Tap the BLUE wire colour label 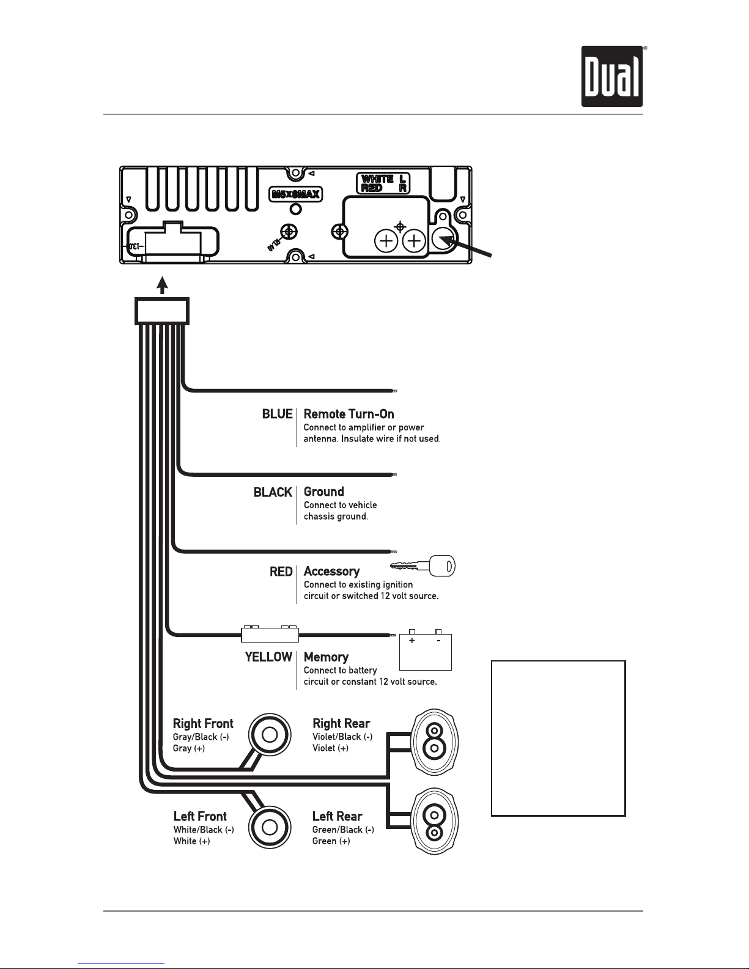[278, 414]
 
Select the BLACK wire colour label [273, 492]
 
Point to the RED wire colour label [281, 572]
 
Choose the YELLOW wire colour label [268, 657]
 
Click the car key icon [422, 566]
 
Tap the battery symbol [426, 650]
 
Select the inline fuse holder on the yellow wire [270, 633]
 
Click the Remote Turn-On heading [349, 414]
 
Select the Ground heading [323, 492]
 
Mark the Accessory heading [331, 572]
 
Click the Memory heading [326, 657]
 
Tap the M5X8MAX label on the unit [295, 194]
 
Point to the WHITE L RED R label [383, 183]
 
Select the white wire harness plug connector [162, 311]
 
